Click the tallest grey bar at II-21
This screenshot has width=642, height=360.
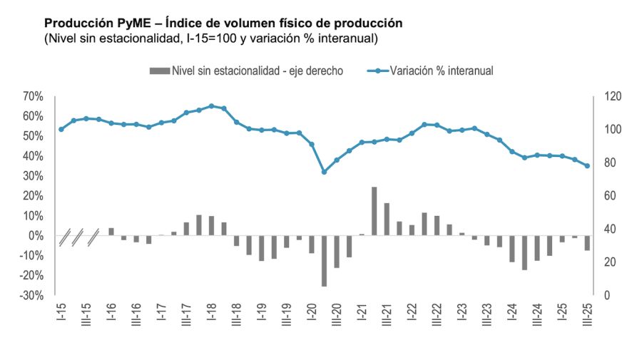point(374,211)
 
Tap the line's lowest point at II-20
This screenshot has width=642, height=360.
point(324,172)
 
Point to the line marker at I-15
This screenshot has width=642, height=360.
point(61,129)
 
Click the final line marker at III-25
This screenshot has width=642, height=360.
point(587,166)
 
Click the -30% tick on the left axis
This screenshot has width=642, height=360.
point(32,295)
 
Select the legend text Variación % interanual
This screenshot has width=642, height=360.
point(442,71)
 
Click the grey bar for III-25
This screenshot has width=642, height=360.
point(587,242)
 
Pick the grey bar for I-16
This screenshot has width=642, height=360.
point(111,232)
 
